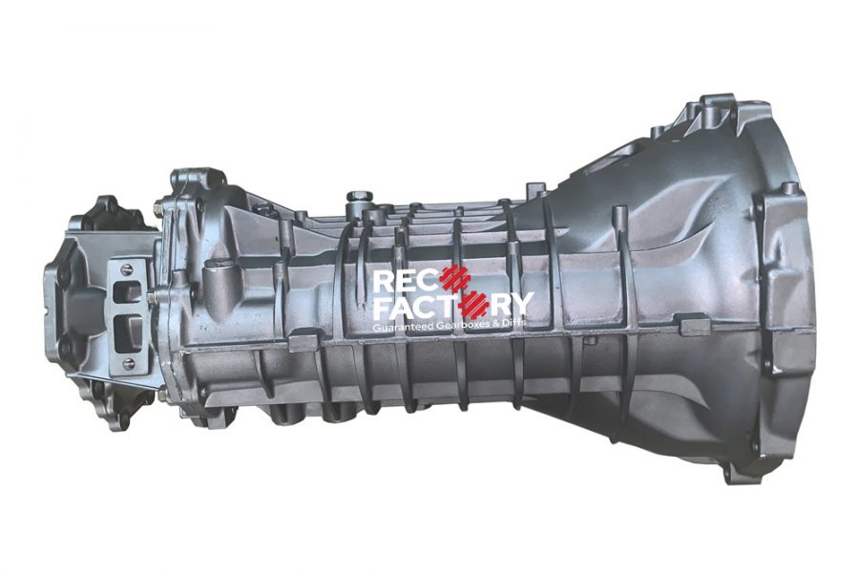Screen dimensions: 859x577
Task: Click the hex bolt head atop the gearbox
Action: click(360, 197)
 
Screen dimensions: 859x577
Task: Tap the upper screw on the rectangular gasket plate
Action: click(127, 269)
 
